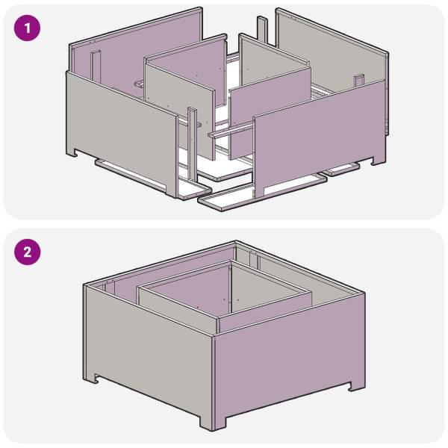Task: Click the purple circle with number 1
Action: coord(27,28)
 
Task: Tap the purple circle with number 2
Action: coord(27,252)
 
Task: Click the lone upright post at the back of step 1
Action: coord(262,30)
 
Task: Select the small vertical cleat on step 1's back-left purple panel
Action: coord(96,66)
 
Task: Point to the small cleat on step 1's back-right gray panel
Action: coord(359,81)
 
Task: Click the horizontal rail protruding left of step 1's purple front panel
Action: coord(231,130)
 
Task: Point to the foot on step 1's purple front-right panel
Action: coord(378,161)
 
